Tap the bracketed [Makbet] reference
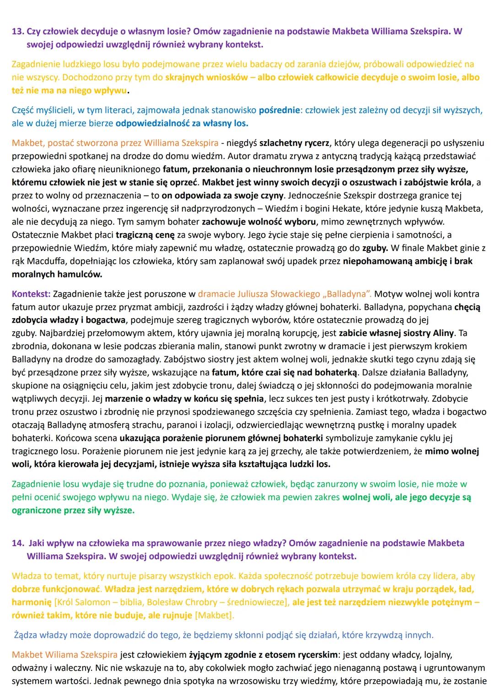pos(214,615)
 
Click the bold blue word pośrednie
pos(280,110)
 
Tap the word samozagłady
pos(124,359)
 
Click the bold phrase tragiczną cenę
pos(145,235)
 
